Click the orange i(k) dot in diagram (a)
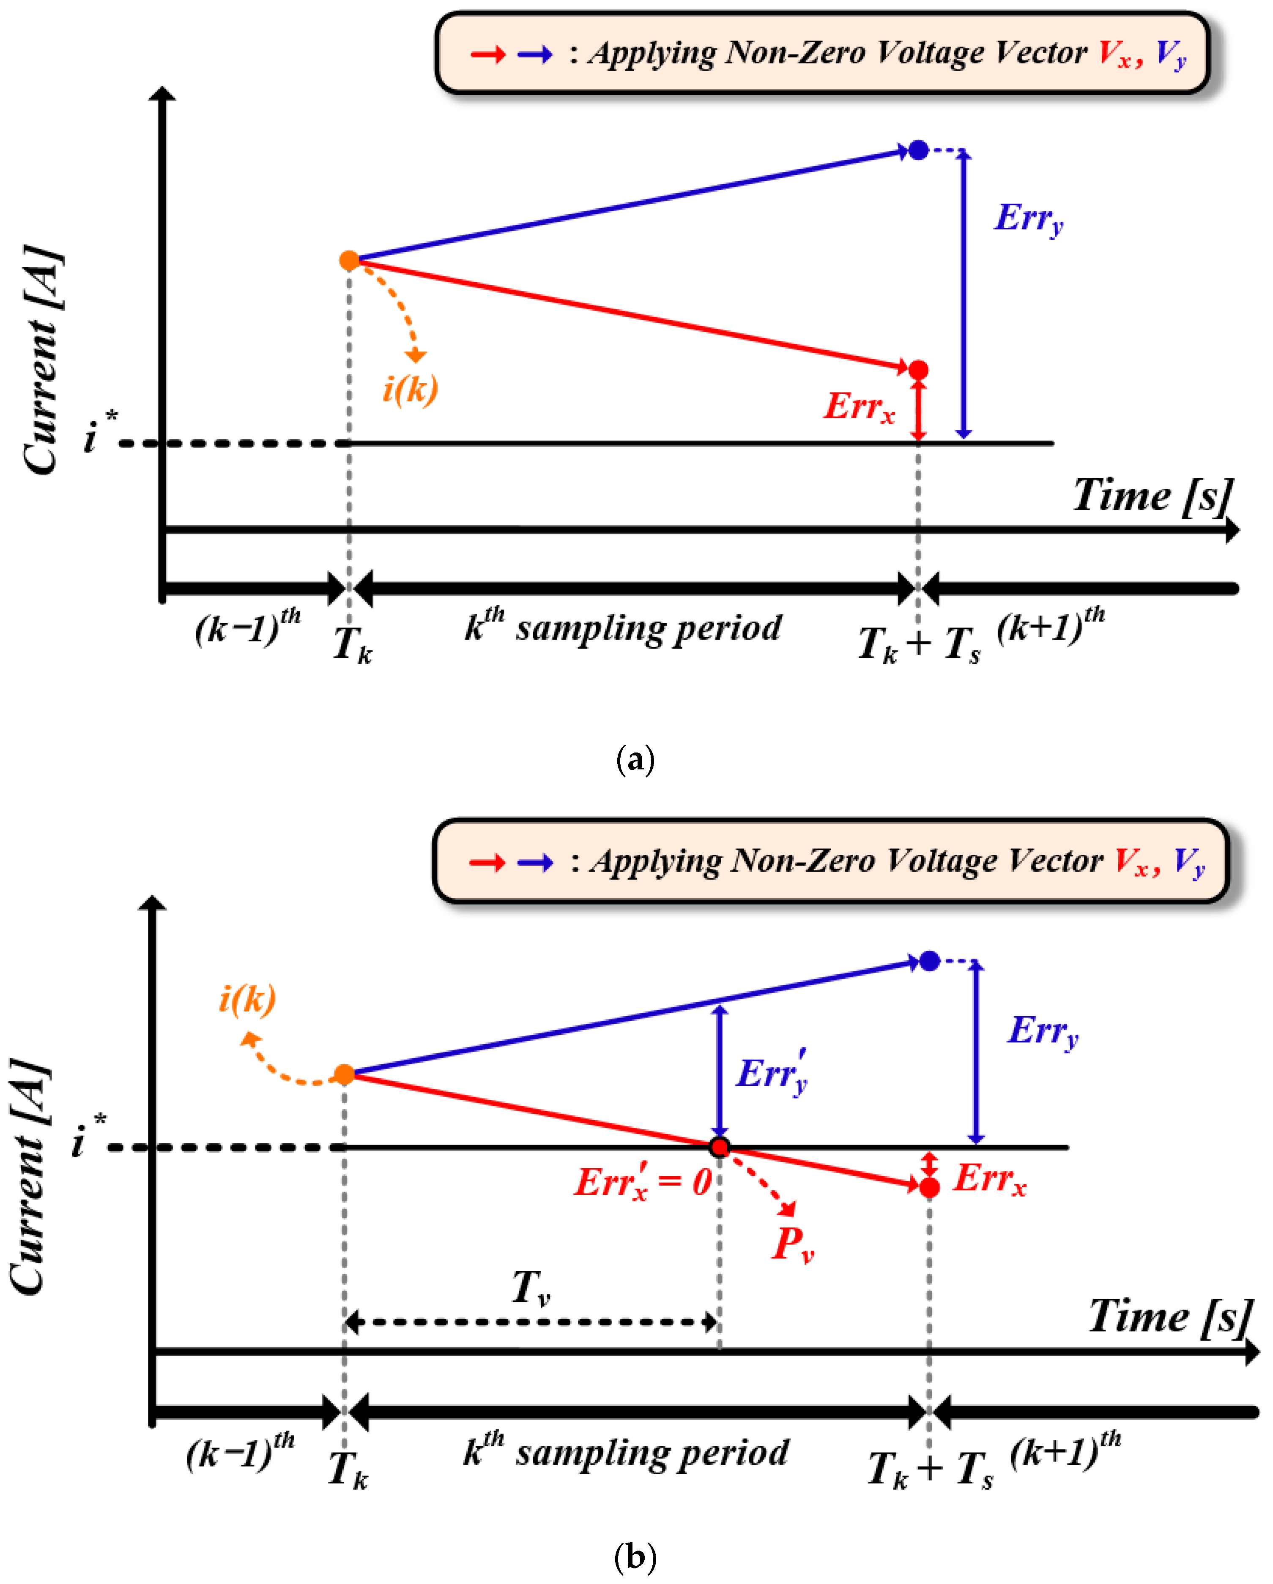click(349, 260)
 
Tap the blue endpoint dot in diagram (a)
click(918, 150)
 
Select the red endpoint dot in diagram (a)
click(918, 370)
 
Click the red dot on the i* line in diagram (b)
click(720, 1147)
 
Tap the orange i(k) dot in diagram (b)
click(344, 1075)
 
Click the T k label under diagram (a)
click(352, 644)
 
